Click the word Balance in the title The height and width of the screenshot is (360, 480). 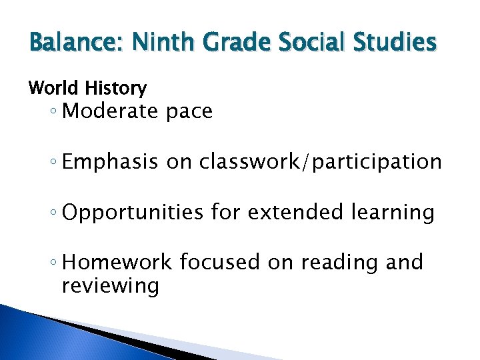[x=69, y=43]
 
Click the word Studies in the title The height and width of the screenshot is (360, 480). [x=397, y=43]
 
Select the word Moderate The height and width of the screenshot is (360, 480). [x=110, y=111]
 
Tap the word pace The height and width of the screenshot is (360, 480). [x=189, y=112]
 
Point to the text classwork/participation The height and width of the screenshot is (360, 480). [x=321, y=162]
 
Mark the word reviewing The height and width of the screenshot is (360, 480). [x=110, y=287]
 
